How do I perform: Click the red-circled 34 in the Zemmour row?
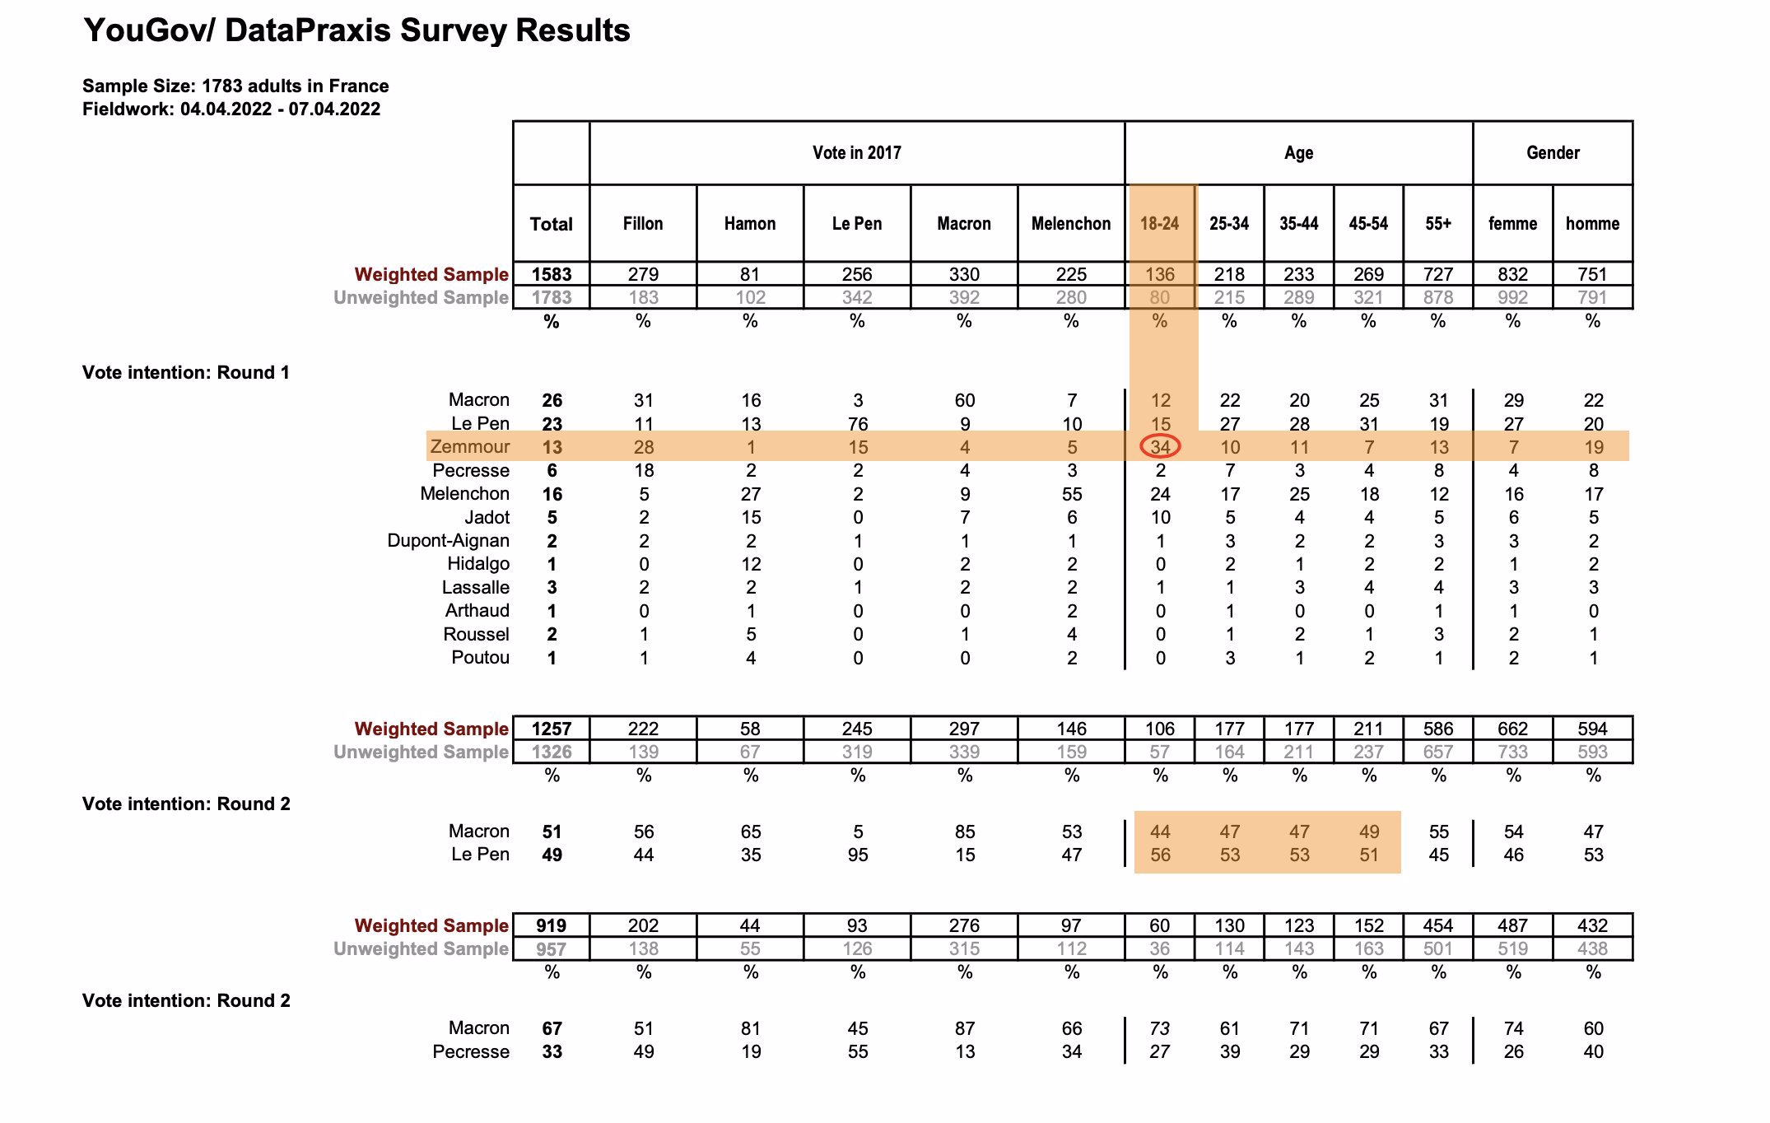[x=1160, y=447]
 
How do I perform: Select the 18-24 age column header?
[x=1159, y=224]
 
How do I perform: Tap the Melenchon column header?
[x=1071, y=224]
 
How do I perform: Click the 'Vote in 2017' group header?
[x=857, y=153]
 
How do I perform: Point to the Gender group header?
[x=1553, y=153]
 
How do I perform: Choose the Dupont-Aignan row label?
[x=449, y=541]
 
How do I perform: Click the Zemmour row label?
[x=470, y=447]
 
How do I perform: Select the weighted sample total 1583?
[x=552, y=274]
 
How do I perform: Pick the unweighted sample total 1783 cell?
[x=552, y=297]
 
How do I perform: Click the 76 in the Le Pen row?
[x=858, y=424]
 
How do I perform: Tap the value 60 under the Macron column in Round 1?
[x=965, y=401]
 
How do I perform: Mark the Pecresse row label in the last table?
[x=471, y=1052]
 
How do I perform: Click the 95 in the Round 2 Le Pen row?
[x=858, y=855]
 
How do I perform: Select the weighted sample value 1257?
[x=552, y=729]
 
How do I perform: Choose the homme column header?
[x=1592, y=224]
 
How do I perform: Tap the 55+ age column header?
[x=1438, y=224]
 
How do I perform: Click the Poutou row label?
[x=481, y=658]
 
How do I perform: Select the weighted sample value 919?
[x=552, y=925]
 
